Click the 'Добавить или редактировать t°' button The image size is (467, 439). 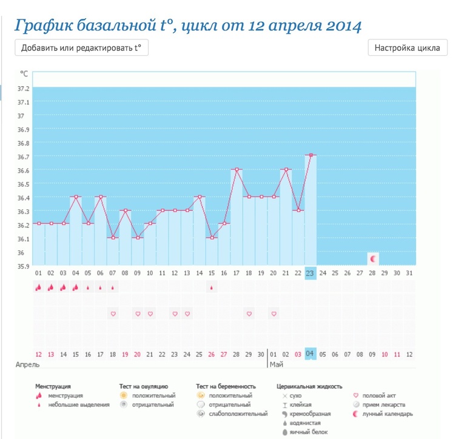pos(81,48)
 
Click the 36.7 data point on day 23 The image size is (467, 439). pos(311,155)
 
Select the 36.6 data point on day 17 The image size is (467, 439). pos(236,169)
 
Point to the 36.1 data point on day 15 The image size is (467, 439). pos(211,238)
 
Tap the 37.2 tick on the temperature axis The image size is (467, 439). pos(24,88)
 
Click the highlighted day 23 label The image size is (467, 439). pos(311,273)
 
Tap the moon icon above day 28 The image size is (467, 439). pos(373,259)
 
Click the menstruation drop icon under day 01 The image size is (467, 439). pos(38,288)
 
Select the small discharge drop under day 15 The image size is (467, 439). pos(211,288)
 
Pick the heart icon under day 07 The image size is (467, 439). pos(112,313)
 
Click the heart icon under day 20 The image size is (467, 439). pos(274,313)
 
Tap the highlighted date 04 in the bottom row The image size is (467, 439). pos(311,354)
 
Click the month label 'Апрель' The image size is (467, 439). pos(26,366)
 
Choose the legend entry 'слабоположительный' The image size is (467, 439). pos(238,414)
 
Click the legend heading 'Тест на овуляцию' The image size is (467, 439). pos(143,386)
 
